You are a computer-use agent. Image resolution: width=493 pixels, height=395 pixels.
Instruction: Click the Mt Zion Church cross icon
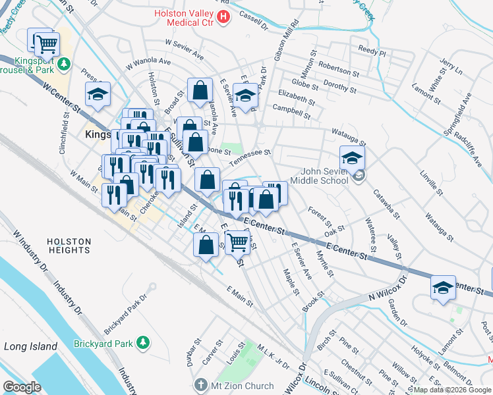pyautogui.click(x=200, y=385)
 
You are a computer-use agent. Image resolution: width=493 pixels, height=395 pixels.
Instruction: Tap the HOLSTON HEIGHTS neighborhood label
pyautogui.click(x=69, y=246)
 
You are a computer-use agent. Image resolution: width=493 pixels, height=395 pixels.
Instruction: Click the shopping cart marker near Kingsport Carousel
pyautogui.click(x=46, y=44)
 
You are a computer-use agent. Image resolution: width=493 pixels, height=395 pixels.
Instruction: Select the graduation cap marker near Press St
pyautogui.click(x=98, y=95)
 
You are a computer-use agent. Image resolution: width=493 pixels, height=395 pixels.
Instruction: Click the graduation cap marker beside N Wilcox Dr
pyautogui.click(x=442, y=288)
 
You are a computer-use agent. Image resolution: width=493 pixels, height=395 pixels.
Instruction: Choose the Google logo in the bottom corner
pyautogui.click(x=22, y=386)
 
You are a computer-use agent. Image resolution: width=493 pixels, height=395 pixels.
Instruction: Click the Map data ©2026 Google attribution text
pyautogui.click(x=452, y=390)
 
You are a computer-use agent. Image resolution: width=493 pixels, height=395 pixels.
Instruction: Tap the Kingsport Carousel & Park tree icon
pyautogui.click(x=64, y=64)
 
